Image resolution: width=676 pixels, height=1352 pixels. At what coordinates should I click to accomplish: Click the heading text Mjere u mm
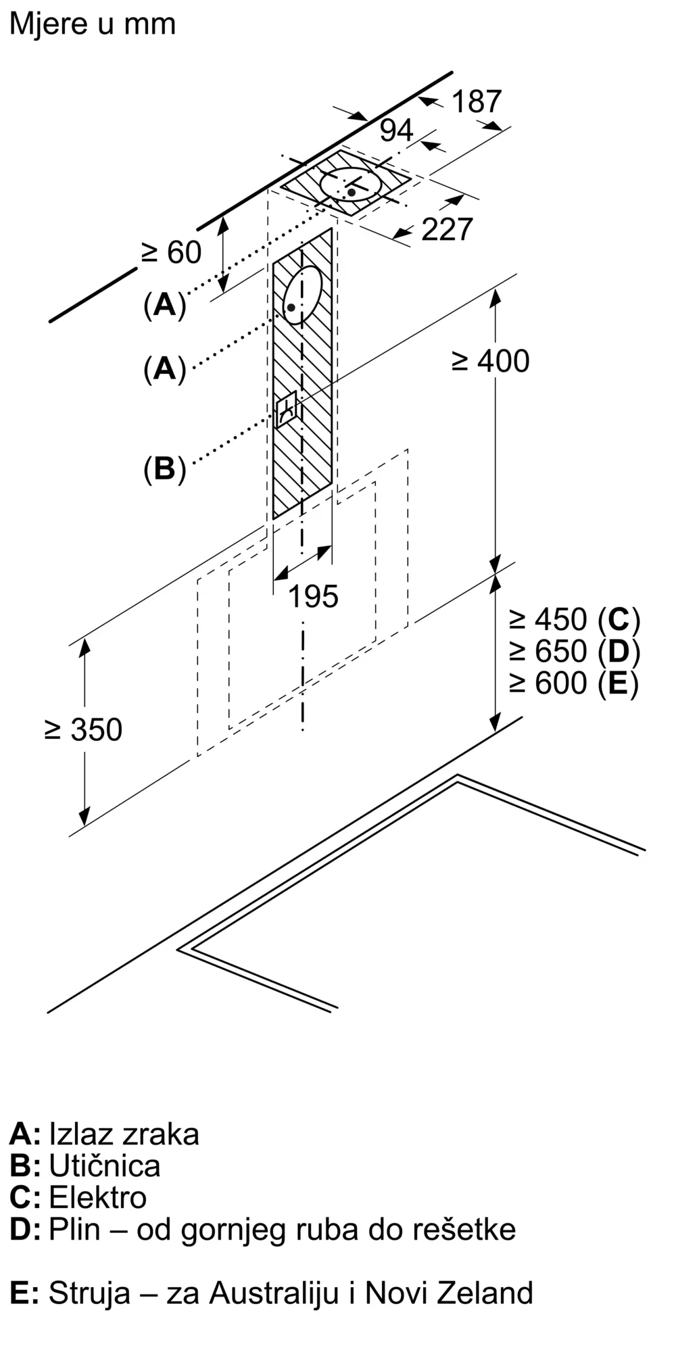[x=93, y=24]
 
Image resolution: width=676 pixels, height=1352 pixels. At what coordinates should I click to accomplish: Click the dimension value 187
[x=477, y=102]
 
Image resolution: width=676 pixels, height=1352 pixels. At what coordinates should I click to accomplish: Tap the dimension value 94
[x=396, y=130]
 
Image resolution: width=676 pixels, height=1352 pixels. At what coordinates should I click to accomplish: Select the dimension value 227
[x=447, y=230]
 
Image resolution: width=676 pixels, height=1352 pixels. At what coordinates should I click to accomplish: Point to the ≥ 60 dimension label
[x=172, y=253]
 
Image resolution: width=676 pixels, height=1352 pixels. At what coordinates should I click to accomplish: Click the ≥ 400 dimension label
[x=491, y=361]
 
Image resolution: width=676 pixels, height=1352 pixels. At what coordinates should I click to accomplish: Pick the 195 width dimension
[x=313, y=597]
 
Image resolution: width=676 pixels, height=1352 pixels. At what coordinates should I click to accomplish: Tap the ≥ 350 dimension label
[x=84, y=730]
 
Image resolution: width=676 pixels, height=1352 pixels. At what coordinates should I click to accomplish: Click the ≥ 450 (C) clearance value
[x=574, y=619]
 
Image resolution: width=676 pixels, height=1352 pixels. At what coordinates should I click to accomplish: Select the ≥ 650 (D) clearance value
[x=574, y=651]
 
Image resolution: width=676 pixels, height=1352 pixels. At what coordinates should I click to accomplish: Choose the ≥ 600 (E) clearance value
[x=574, y=683]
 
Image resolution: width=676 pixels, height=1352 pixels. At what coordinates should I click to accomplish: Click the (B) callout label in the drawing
[x=164, y=468]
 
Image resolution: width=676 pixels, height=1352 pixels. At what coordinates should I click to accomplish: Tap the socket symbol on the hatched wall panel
[x=286, y=409]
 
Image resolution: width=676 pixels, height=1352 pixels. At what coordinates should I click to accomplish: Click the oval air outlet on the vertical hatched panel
[x=301, y=295]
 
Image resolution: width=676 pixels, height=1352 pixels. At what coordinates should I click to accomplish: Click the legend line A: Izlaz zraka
[x=105, y=1134]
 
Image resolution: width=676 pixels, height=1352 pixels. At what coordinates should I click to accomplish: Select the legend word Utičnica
[x=105, y=1165]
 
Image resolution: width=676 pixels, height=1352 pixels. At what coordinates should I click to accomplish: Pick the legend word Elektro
[x=98, y=1197]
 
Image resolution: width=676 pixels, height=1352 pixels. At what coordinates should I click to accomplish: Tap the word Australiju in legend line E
[x=274, y=1293]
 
